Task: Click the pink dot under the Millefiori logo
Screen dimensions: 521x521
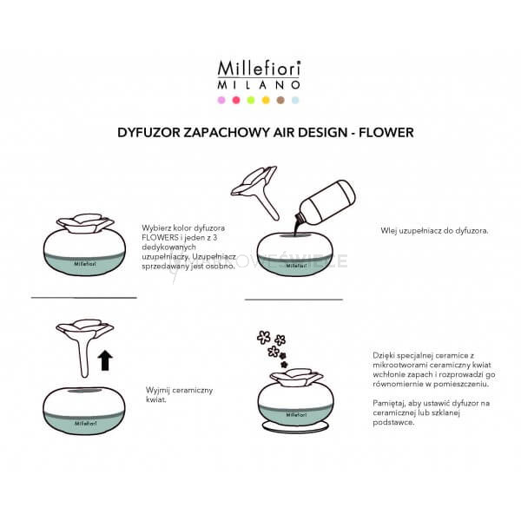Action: point(221,100)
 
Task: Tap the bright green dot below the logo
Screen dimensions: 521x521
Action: point(251,100)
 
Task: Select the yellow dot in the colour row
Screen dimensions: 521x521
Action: point(266,100)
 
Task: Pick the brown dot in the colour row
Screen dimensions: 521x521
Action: point(280,100)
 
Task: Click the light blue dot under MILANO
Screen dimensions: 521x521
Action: point(295,100)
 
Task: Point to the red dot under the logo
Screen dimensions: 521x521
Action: point(236,100)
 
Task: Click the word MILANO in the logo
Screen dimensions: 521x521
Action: point(259,85)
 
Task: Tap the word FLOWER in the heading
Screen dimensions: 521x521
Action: point(386,133)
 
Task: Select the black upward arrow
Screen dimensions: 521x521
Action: point(105,360)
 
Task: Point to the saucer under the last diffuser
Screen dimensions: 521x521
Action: point(295,427)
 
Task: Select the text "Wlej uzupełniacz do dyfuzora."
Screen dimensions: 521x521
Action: point(435,231)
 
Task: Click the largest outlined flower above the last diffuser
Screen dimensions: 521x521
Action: point(264,337)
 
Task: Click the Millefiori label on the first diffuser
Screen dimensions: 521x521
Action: point(85,264)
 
